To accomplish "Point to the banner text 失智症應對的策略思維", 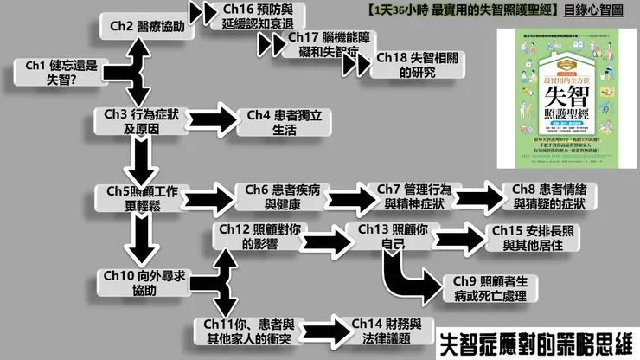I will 535,342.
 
